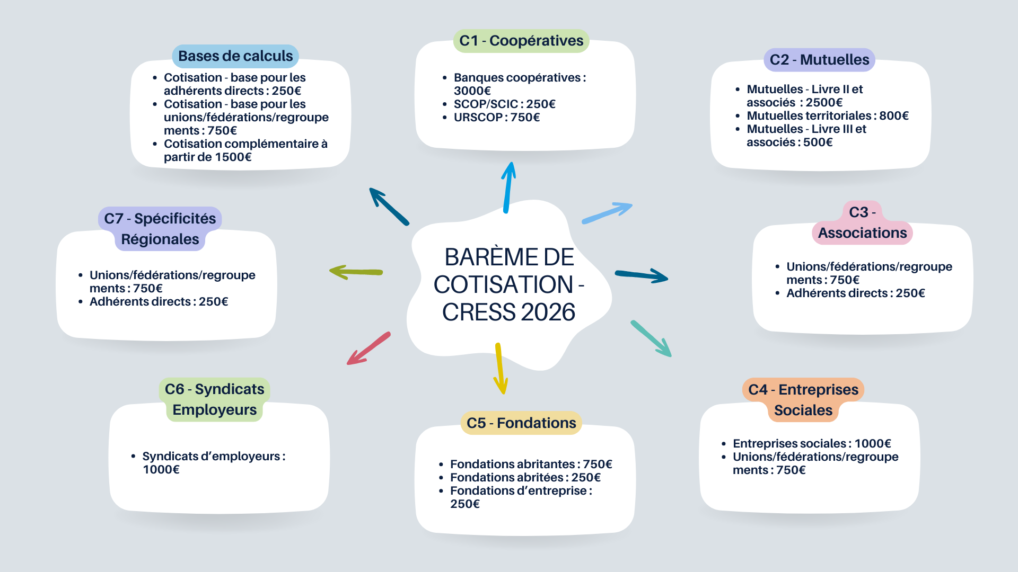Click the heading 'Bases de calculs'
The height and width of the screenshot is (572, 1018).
(235, 56)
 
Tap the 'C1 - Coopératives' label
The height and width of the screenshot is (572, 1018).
(521, 41)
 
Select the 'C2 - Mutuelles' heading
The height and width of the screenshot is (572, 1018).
(819, 60)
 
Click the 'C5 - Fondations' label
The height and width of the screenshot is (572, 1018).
(521, 423)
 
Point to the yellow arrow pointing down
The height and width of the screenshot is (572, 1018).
(499, 369)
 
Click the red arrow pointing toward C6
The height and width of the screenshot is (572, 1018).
(368, 348)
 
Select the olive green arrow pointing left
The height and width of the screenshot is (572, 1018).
(356, 272)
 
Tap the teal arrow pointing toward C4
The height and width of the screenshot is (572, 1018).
(651, 338)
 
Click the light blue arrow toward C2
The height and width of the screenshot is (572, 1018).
(608, 212)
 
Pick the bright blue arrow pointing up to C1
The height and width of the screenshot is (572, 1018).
(508, 187)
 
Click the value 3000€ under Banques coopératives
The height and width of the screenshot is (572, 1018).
(472, 91)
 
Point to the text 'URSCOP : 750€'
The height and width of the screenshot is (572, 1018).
(497, 118)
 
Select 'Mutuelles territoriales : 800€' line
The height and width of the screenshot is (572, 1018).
(828, 116)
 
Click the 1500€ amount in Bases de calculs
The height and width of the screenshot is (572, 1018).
(233, 157)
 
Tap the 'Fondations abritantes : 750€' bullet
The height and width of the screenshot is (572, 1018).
(531, 464)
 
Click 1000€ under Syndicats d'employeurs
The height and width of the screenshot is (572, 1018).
(161, 470)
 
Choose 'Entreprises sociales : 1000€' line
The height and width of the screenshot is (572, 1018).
(812, 444)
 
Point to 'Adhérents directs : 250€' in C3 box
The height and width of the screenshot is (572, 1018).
(855, 293)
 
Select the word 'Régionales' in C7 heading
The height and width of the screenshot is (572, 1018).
(160, 239)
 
